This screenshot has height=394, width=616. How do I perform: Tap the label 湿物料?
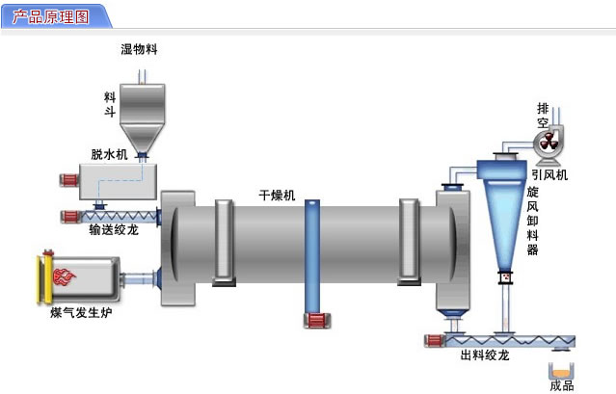[x=139, y=48]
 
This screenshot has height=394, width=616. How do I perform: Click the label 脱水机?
[x=109, y=154]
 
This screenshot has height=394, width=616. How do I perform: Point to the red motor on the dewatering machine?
[x=68, y=179]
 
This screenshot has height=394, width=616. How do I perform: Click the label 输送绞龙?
[x=114, y=230]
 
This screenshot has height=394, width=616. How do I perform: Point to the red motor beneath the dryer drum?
[x=315, y=321]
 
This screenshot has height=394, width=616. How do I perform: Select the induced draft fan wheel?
[x=548, y=143]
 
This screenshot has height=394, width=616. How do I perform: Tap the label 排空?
[x=542, y=116]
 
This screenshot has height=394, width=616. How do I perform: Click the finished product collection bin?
[x=560, y=369]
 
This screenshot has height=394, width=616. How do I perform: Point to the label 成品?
[x=561, y=386]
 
